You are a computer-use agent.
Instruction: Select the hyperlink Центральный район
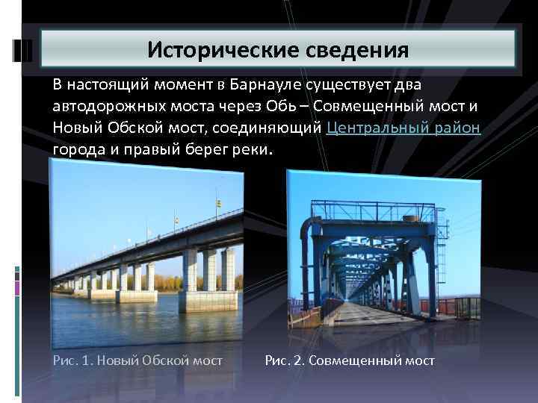403,128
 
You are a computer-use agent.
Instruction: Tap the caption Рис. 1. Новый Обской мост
138,360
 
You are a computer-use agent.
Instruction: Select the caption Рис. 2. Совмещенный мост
350,360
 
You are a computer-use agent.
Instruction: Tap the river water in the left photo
112,321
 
